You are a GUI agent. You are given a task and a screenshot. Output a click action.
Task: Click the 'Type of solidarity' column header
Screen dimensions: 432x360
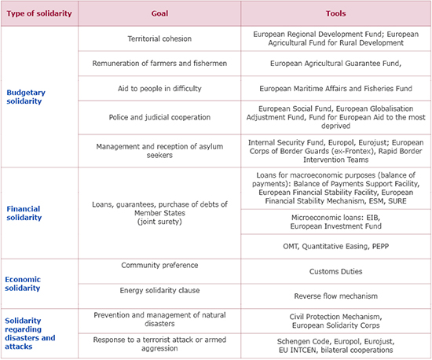tap(39, 13)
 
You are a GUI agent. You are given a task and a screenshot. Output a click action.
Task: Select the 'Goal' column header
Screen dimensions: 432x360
tap(159, 13)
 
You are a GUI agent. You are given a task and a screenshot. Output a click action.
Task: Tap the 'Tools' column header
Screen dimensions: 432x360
tap(336, 13)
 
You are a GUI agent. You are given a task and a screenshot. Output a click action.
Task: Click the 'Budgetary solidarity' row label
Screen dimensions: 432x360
tap(26, 97)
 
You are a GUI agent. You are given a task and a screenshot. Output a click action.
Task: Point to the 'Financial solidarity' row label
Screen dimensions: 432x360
tap(24, 213)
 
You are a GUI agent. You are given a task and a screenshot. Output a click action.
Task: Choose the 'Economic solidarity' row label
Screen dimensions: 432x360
tap(23, 284)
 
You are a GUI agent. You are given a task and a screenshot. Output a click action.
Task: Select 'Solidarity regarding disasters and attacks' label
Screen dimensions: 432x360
tap(30, 333)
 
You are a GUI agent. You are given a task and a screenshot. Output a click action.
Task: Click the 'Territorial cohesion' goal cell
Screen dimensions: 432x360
tap(159, 39)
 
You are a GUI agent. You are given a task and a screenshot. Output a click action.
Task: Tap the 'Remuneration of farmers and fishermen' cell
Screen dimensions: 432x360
tap(159, 64)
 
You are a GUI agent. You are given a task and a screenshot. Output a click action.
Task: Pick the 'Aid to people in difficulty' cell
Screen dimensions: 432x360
tap(159, 89)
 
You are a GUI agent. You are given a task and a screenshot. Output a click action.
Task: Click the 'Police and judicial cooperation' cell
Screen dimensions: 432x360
tap(159, 117)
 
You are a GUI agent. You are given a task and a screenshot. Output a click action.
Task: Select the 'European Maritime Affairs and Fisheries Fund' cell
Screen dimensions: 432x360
tap(336, 89)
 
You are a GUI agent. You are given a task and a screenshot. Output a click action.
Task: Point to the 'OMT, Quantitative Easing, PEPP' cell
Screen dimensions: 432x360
tap(336, 246)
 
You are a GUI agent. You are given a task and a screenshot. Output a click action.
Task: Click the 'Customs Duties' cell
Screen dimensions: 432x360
tap(336, 271)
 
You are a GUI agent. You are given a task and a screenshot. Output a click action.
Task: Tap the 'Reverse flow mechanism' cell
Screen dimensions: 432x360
tap(336, 296)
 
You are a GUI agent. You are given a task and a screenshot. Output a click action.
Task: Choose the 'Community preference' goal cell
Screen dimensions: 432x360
tap(159, 265)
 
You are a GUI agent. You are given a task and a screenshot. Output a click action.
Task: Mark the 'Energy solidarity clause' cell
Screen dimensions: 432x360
tap(159, 290)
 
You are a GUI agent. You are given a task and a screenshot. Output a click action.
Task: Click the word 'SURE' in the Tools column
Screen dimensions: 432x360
tap(397, 201)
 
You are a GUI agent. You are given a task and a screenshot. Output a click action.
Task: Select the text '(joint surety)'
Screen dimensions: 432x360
tap(159, 222)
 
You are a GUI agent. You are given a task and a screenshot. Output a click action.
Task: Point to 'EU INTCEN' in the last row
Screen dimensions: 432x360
tap(297, 350)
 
